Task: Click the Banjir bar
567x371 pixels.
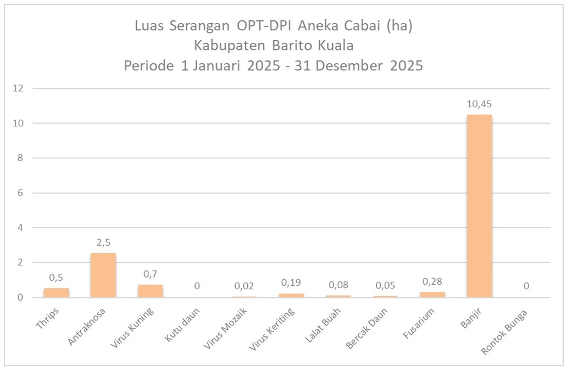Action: (x=479, y=206)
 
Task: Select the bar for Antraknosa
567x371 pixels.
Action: (x=103, y=275)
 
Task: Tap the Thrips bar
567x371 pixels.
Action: (x=56, y=292)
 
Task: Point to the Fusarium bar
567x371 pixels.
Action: (x=432, y=295)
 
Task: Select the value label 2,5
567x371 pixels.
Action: (x=103, y=242)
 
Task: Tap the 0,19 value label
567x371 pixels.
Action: (x=291, y=283)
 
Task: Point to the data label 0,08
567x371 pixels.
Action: (x=338, y=285)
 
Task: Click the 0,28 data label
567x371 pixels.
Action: (x=432, y=281)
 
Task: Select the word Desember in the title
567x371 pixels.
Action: (x=350, y=66)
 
